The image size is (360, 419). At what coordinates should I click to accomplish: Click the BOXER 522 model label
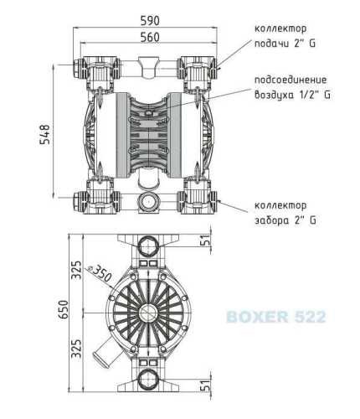pyautogui.click(x=275, y=318)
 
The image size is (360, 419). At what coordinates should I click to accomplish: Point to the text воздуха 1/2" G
pyautogui.click(x=291, y=95)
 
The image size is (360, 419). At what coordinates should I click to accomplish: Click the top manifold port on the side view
pyautogui.click(x=150, y=244)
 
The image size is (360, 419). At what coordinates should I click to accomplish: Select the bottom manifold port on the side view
pyautogui.click(x=150, y=381)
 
